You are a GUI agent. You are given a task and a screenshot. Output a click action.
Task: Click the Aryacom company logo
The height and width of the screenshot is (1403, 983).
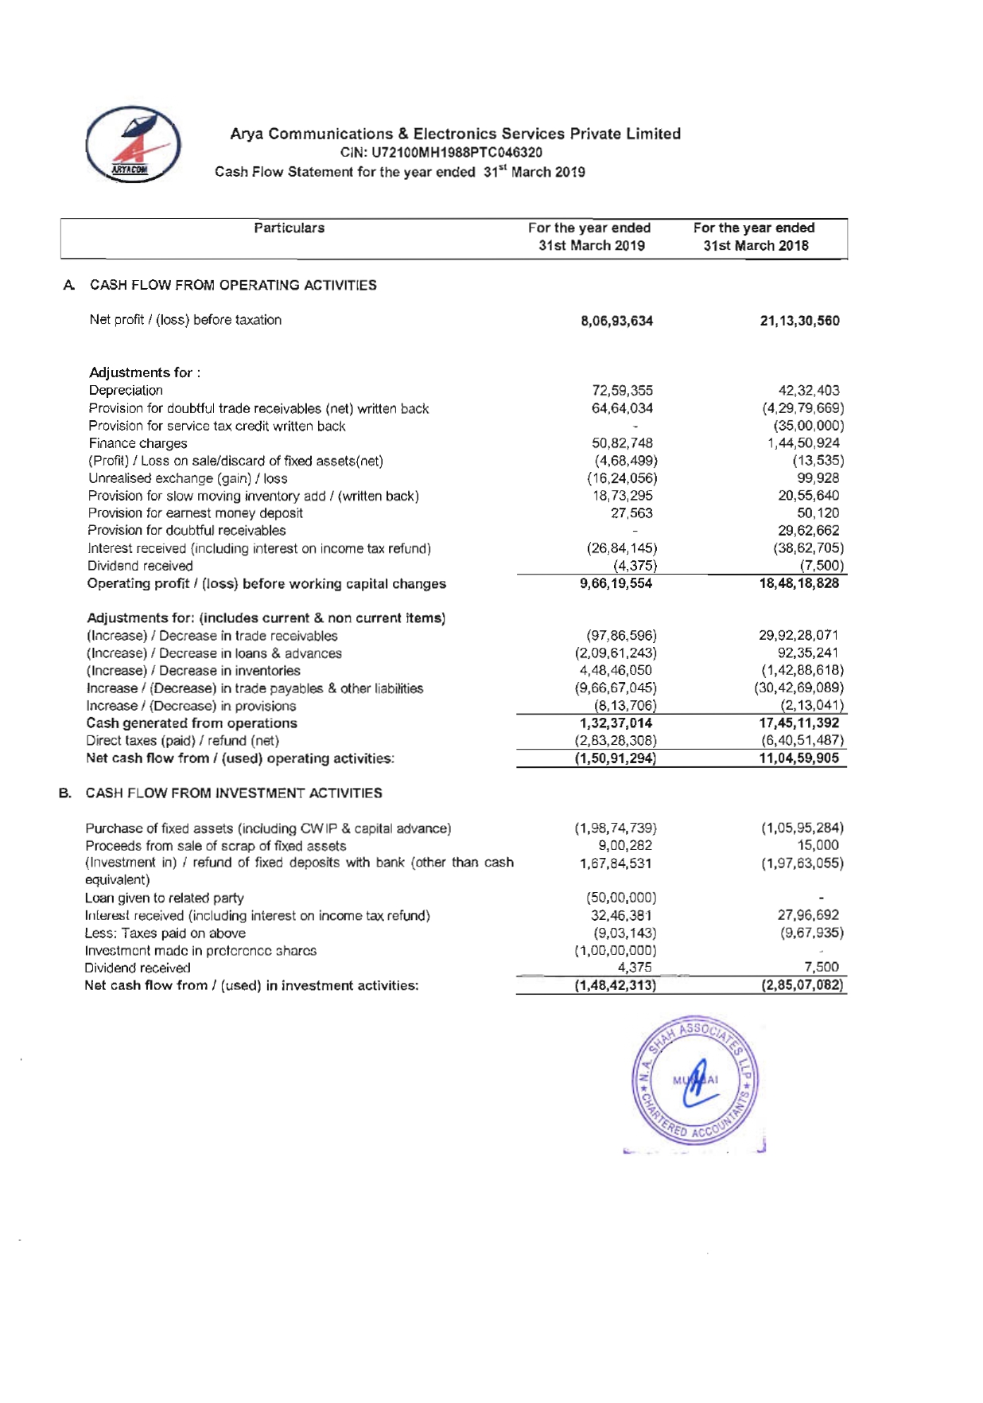pos(133,144)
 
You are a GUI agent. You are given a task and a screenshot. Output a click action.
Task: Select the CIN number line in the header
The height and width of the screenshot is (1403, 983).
pos(441,152)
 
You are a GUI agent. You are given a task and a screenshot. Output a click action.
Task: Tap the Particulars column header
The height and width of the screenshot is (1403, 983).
pos(289,228)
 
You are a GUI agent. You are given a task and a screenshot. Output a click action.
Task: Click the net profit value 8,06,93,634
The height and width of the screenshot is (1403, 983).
pos(617,321)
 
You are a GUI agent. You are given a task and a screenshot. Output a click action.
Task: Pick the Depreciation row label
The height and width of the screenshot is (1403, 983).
pos(126,390)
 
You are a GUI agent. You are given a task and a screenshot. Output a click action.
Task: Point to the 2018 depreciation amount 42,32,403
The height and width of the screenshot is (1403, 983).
pos(809,390)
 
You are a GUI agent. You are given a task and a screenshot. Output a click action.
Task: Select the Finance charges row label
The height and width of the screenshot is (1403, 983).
pos(138,443)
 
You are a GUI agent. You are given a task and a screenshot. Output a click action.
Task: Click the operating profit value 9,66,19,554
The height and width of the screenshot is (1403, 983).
pos(616,583)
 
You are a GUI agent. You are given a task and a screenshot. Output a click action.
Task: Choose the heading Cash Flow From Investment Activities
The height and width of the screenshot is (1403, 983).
pos(234,793)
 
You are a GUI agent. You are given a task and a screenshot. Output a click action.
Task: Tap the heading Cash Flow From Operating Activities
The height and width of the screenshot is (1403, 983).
pos(233,285)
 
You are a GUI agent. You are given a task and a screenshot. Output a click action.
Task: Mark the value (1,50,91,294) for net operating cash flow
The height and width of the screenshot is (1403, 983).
pos(616,758)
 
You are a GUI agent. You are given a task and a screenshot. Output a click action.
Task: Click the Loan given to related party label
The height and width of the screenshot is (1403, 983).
pos(164,898)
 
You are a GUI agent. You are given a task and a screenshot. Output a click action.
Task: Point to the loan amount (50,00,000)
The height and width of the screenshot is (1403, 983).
pos(621,898)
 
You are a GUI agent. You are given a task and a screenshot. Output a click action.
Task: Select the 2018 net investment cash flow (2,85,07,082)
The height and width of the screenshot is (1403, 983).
pos(802,985)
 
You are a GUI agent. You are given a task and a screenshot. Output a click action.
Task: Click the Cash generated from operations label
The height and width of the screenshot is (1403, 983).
pos(192,723)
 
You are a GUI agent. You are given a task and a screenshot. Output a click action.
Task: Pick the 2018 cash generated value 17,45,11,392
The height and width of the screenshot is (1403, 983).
pos(799,723)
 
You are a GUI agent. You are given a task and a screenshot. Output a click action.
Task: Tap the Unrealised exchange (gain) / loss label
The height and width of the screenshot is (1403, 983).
pos(188,478)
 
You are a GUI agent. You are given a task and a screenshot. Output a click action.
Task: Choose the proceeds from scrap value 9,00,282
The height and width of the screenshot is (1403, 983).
pos(625,845)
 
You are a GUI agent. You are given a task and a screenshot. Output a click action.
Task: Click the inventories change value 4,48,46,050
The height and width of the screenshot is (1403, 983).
pos(616,670)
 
